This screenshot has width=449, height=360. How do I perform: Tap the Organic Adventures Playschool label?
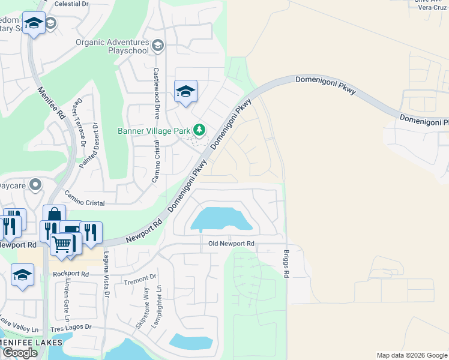point(112,47)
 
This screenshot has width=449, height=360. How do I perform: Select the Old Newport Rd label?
point(231,244)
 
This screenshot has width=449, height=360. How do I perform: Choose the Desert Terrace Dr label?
point(79,123)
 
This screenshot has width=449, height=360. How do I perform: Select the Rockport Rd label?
point(70,274)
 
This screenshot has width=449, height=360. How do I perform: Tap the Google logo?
point(20,353)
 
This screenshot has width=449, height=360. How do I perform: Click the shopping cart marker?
point(61,244)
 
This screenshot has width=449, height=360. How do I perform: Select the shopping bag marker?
point(54,215)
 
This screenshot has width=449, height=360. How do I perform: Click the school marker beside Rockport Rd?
point(23,275)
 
